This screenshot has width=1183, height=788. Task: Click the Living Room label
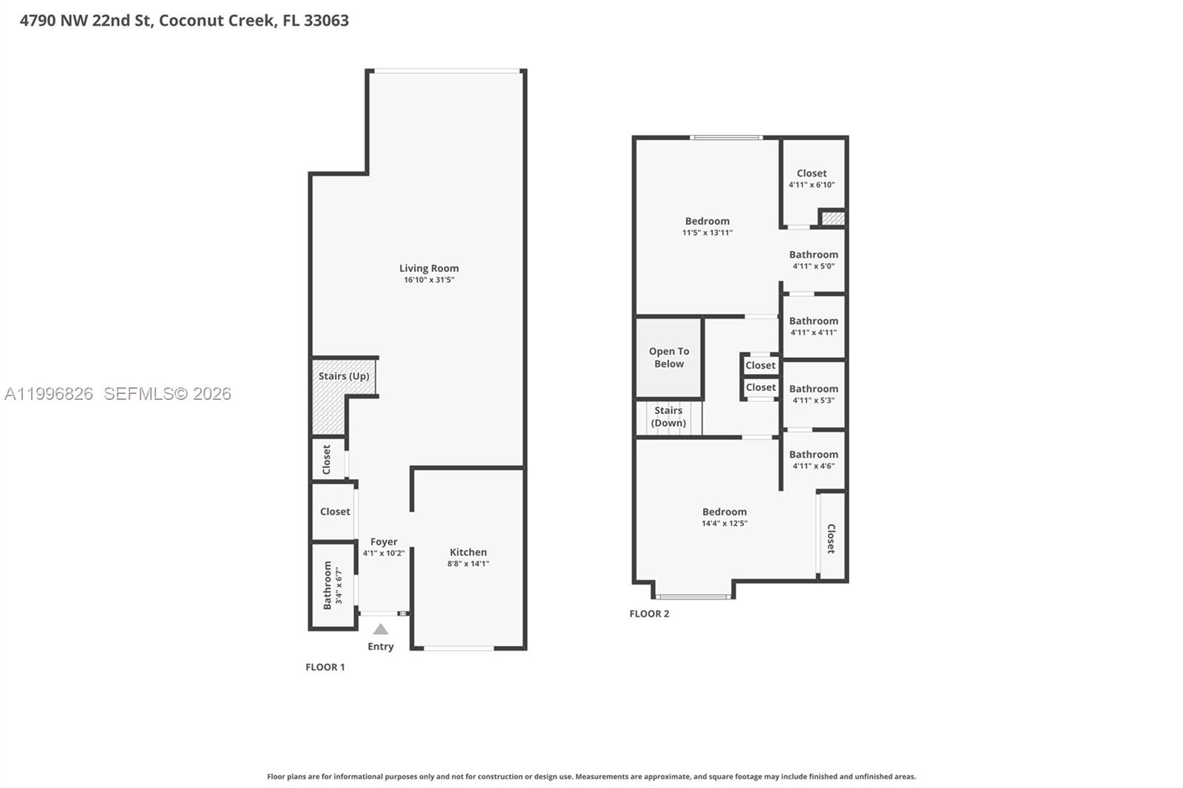pyautogui.click(x=429, y=268)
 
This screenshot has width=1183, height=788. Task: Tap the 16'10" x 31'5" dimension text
pyautogui.click(x=429, y=280)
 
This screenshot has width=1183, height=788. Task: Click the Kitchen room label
pyautogui.click(x=468, y=552)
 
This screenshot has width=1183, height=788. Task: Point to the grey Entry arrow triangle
pyautogui.click(x=380, y=630)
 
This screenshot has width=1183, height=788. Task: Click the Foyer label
pyautogui.click(x=384, y=542)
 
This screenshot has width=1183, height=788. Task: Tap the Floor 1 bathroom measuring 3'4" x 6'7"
pyautogui.click(x=332, y=585)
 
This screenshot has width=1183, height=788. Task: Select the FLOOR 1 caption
pyautogui.click(x=325, y=667)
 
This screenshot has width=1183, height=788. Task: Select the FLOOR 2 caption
pyautogui.click(x=649, y=614)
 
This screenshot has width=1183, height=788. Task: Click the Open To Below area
pyautogui.click(x=668, y=358)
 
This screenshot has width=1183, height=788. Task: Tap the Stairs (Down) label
pyautogui.click(x=668, y=417)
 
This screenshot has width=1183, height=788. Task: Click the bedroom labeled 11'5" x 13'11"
pyautogui.click(x=707, y=226)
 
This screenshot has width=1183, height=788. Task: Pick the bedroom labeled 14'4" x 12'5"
pyautogui.click(x=725, y=517)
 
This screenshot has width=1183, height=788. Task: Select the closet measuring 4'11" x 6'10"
pyautogui.click(x=812, y=178)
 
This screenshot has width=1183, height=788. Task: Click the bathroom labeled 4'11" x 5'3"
pyautogui.click(x=813, y=394)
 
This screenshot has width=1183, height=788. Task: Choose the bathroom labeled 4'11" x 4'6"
pyautogui.click(x=813, y=460)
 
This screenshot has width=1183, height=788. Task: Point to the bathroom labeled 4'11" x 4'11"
pyautogui.click(x=813, y=326)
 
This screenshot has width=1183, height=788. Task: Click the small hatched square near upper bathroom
pyautogui.click(x=833, y=219)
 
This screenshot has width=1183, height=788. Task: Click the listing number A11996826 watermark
pyautogui.click(x=49, y=394)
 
